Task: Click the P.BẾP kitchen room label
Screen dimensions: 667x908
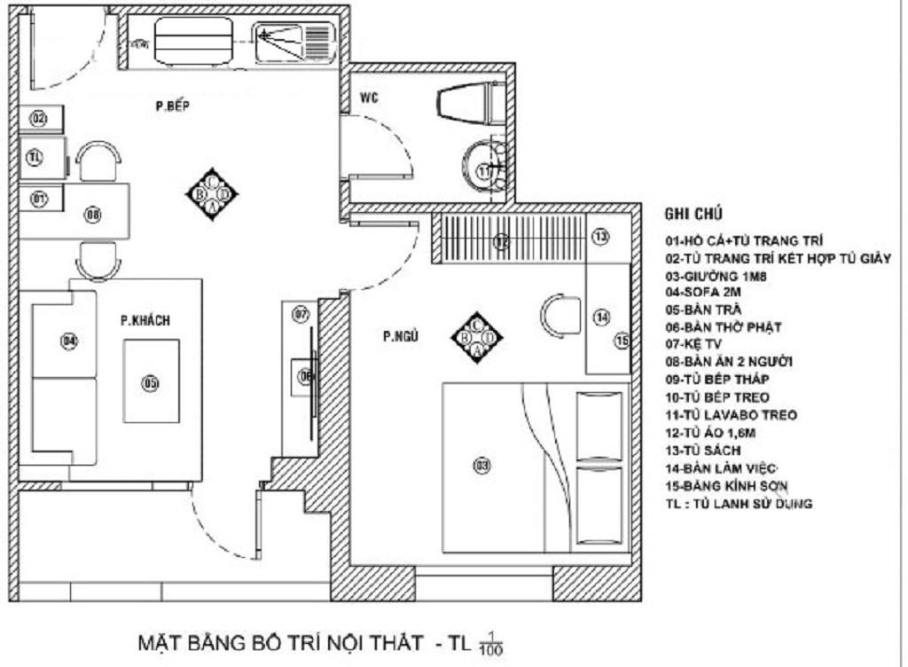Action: [x=175, y=107]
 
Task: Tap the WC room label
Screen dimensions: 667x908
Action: [x=370, y=98]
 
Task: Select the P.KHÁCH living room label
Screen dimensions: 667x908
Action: [x=145, y=320]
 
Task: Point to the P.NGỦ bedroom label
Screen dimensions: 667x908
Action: [x=400, y=336]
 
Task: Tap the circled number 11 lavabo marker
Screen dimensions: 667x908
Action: [x=485, y=171]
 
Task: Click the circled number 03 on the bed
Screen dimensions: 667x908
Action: [x=481, y=464]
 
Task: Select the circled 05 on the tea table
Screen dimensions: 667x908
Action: [x=150, y=383]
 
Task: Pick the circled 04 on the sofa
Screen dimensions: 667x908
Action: [x=67, y=341]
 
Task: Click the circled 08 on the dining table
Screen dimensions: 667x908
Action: [x=92, y=214]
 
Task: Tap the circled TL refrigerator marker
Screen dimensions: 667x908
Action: [x=35, y=159]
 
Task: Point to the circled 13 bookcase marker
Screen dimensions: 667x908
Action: [x=601, y=237]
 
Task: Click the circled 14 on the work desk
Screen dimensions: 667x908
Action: [x=601, y=316]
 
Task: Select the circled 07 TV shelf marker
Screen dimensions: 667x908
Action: [x=301, y=314]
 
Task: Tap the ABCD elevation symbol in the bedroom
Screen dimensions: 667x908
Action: [x=476, y=337]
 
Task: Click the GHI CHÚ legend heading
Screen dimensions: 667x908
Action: [x=693, y=215]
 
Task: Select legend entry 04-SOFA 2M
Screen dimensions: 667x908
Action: [x=699, y=291]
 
